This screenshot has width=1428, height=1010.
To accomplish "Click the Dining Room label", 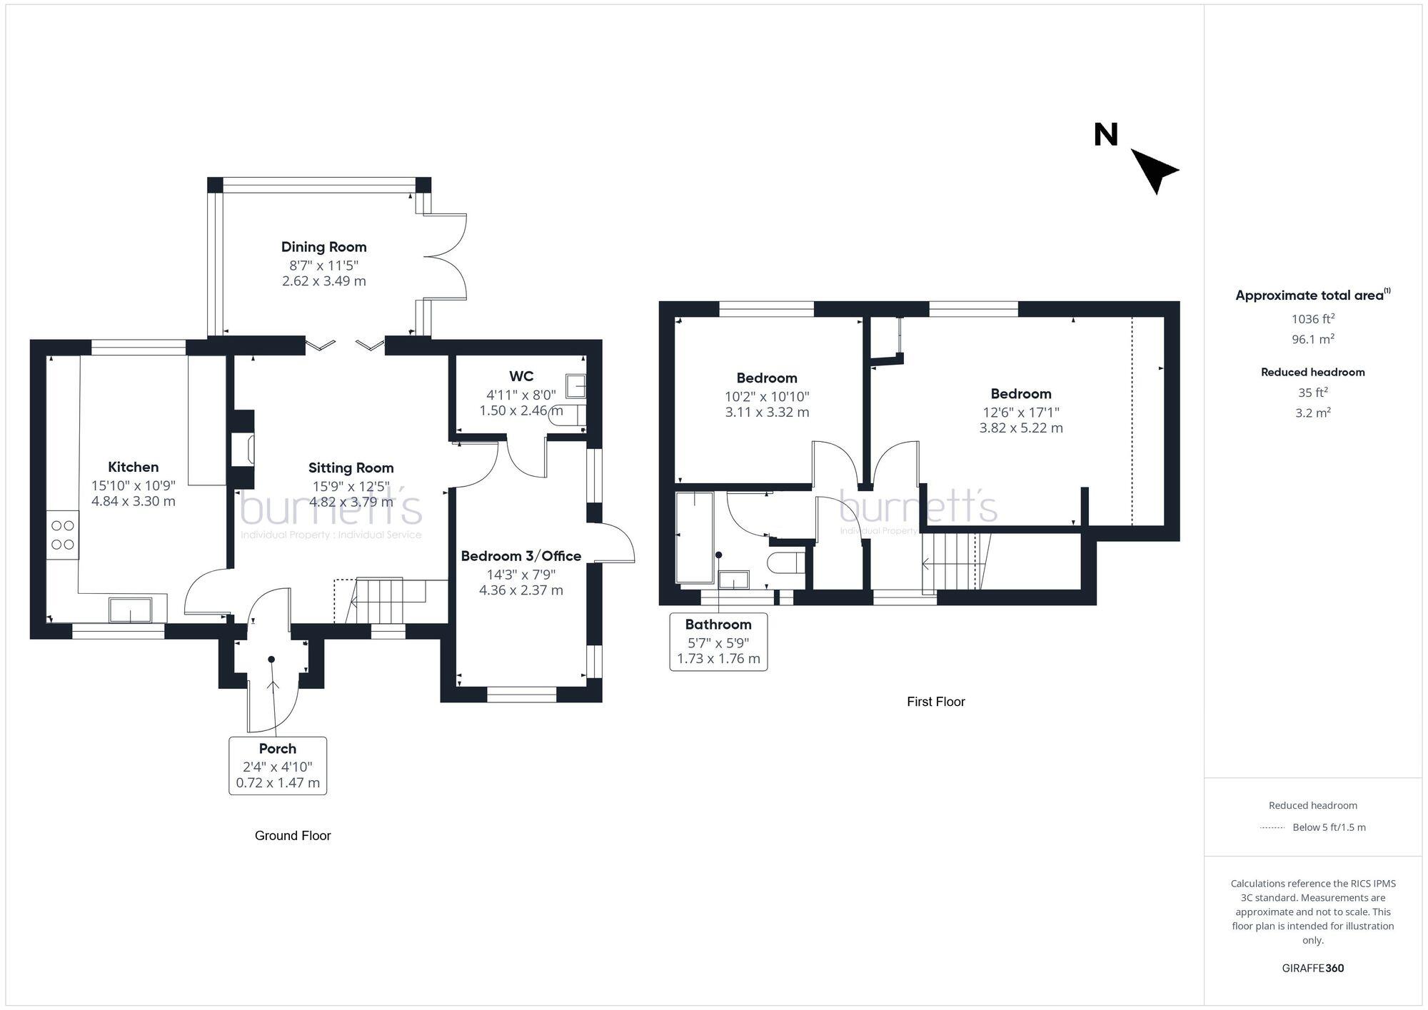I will coord(323,247).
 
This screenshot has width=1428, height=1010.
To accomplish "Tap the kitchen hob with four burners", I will coord(63,535).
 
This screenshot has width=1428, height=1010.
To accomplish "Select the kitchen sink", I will coord(130,610).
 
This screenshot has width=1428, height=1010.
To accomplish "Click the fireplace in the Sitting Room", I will coord(243,450).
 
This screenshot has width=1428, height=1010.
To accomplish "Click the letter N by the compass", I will coord(1105,135).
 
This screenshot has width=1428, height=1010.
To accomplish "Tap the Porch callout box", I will coord(278,765).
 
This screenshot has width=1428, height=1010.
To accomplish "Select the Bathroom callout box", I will coord(718,641).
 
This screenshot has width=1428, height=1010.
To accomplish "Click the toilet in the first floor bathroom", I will coord(785,562).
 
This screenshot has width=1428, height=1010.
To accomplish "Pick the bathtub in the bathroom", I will coord(695,536).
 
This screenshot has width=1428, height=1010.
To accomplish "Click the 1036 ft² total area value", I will coord(1312,319).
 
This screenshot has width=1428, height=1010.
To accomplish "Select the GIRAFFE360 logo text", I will coord(1312,968).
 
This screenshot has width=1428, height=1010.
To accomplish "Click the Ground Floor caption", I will coord(293,835).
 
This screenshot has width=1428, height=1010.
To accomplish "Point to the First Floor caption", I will coord(935,702).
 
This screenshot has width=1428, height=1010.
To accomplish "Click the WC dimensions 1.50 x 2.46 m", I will coord(521,410).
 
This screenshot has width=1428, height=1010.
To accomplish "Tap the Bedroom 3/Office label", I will coord(521,556).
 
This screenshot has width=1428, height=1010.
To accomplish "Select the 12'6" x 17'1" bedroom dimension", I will coord(1020,412).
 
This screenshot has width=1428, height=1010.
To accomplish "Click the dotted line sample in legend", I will coord(1272,827).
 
